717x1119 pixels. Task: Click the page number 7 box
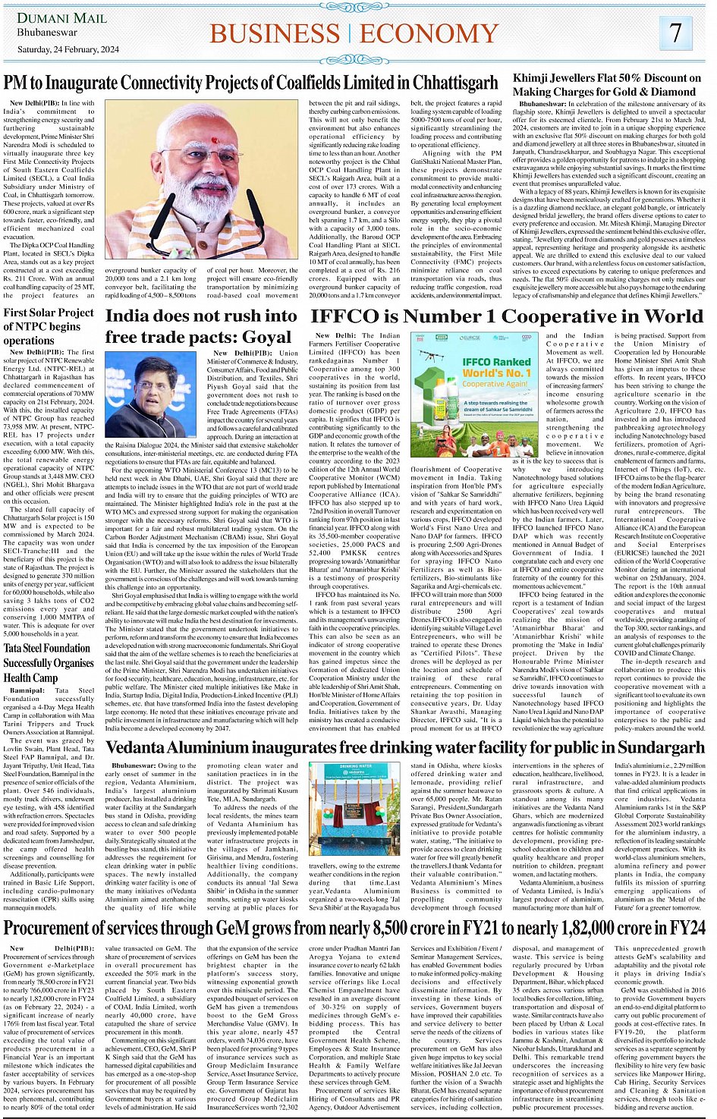point(675,33)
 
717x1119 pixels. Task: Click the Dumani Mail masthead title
point(63,17)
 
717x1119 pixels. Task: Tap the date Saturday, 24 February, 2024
point(68,50)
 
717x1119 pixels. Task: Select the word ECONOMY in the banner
point(435,33)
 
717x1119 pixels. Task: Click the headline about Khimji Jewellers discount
point(607,84)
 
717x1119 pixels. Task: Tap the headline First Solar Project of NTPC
point(49,326)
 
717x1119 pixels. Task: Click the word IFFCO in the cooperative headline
point(345,316)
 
